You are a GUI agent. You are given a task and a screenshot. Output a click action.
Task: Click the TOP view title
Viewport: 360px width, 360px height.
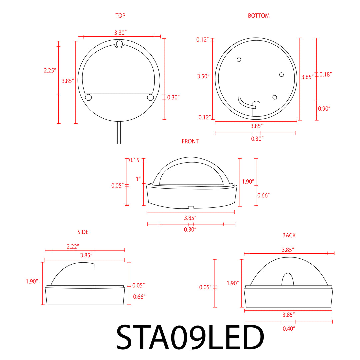tap(120, 16)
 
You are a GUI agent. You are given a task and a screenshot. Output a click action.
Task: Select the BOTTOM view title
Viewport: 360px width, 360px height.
tap(259, 16)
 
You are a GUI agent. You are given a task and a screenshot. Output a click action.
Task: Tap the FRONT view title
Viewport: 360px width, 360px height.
tap(190, 141)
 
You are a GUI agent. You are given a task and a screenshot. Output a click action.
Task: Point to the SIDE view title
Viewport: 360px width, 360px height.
tap(83, 232)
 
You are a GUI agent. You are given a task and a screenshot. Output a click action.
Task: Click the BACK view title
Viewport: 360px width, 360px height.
tap(289, 235)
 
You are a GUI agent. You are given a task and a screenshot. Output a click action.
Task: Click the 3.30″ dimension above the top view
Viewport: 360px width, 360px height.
tap(121, 33)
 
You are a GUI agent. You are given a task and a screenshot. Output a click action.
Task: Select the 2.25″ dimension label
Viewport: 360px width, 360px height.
tap(50, 70)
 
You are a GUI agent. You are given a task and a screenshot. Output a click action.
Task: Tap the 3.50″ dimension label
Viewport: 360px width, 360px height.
tap(203, 76)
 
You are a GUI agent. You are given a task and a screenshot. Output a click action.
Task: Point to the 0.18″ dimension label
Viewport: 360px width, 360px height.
tap(326, 74)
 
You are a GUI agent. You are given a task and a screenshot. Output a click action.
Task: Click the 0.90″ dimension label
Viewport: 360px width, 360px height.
tap(324, 108)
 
